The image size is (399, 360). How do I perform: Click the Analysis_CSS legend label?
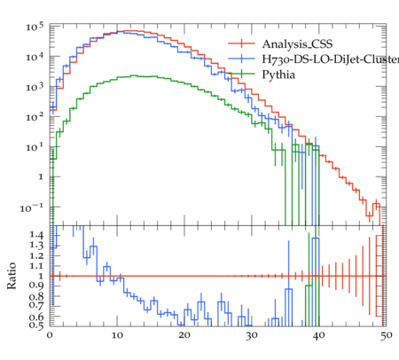pyautogui.click(x=297, y=44)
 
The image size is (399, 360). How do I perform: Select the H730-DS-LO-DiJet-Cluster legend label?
pyautogui.click(x=331, y=59)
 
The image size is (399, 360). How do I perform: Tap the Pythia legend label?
pyautogui.click(x=278, y=74)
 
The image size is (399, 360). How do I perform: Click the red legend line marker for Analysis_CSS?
pyautogui.click(x=241, y=43)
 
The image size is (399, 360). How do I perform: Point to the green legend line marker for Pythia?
pyautogui.click(x=241, y=74)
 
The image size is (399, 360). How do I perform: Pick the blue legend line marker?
pyautogui.click(x=241, y=59)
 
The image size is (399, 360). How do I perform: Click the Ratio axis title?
pyautogui.click(x=12, y=276)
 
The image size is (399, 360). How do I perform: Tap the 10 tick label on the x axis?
pyautogui.click(x=117, y=336)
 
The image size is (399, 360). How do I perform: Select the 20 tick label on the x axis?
pyautogui.click(x=184, y=336)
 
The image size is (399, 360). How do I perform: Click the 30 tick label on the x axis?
pyautogui.click(x=252, y=336)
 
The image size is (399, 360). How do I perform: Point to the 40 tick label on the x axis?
pyautogui.click(x=319, y=336)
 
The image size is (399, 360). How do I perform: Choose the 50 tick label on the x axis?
pyautogui.click(x=387, y=336)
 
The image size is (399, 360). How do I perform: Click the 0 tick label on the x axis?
pyautogui.click(x=50, y=336)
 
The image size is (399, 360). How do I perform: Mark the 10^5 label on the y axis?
pyautogui.click(x=35, y=27)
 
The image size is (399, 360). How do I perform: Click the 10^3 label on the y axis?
pyautogui.click(x=35, y=87)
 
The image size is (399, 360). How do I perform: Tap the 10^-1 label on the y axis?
pyautogui.click(x=32, y=207)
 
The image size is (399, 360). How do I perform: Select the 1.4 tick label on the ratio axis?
pyautogui.click(x=36, y=235)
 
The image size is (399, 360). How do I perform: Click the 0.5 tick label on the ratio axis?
pyautogui.click(x=36, y=325)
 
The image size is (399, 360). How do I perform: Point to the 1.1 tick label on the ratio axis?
pyautogui.click(x=36, y=266)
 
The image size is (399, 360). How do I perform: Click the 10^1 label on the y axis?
pyautogui.click(x=35, y=147)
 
